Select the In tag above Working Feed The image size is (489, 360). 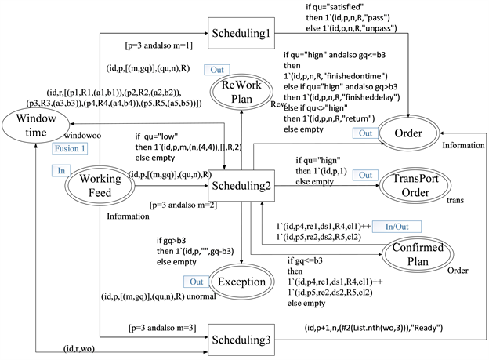point(61,169)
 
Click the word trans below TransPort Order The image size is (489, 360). point(455,201)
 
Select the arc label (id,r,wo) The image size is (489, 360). point(80,347)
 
